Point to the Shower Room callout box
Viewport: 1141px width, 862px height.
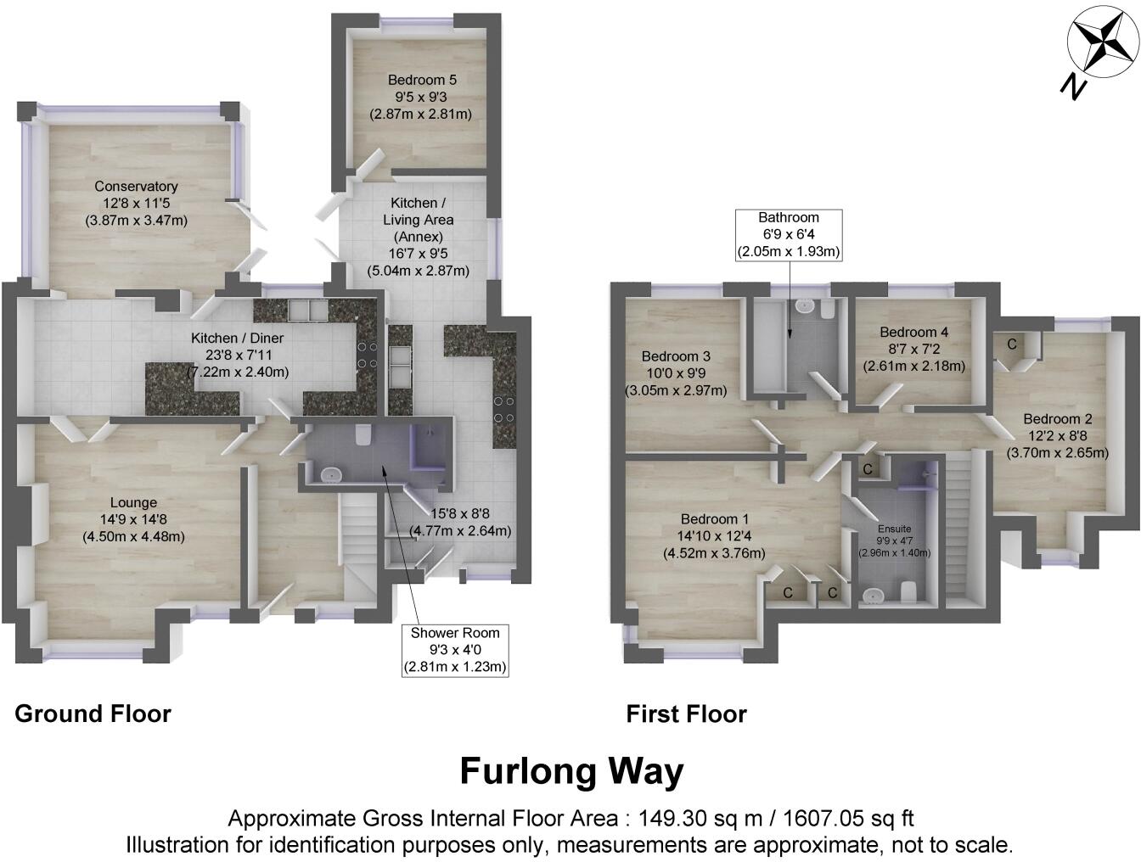tap(455, 650)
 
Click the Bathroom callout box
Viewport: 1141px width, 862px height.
tap(789, 234)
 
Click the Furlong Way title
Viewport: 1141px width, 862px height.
tap(571, 772)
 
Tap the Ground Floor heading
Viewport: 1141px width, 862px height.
tap(93, 714)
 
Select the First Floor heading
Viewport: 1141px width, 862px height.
tap(686, 714)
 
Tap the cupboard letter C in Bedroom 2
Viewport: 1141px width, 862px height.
tap(1012, 344)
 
